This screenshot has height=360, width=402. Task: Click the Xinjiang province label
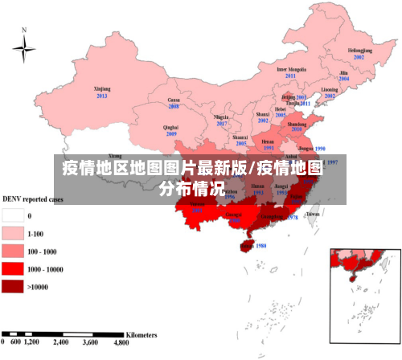(x=101, y=88)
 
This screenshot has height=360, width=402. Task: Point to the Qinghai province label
(x=170, y=127)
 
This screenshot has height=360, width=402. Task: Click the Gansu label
(x=173, y=99)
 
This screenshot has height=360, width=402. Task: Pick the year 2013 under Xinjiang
(x=101, y=96)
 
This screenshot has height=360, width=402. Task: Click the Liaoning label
(x=330, y=89)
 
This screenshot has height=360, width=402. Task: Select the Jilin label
(x=343, y=72)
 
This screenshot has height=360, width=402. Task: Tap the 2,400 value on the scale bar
(x=61, y=342)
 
